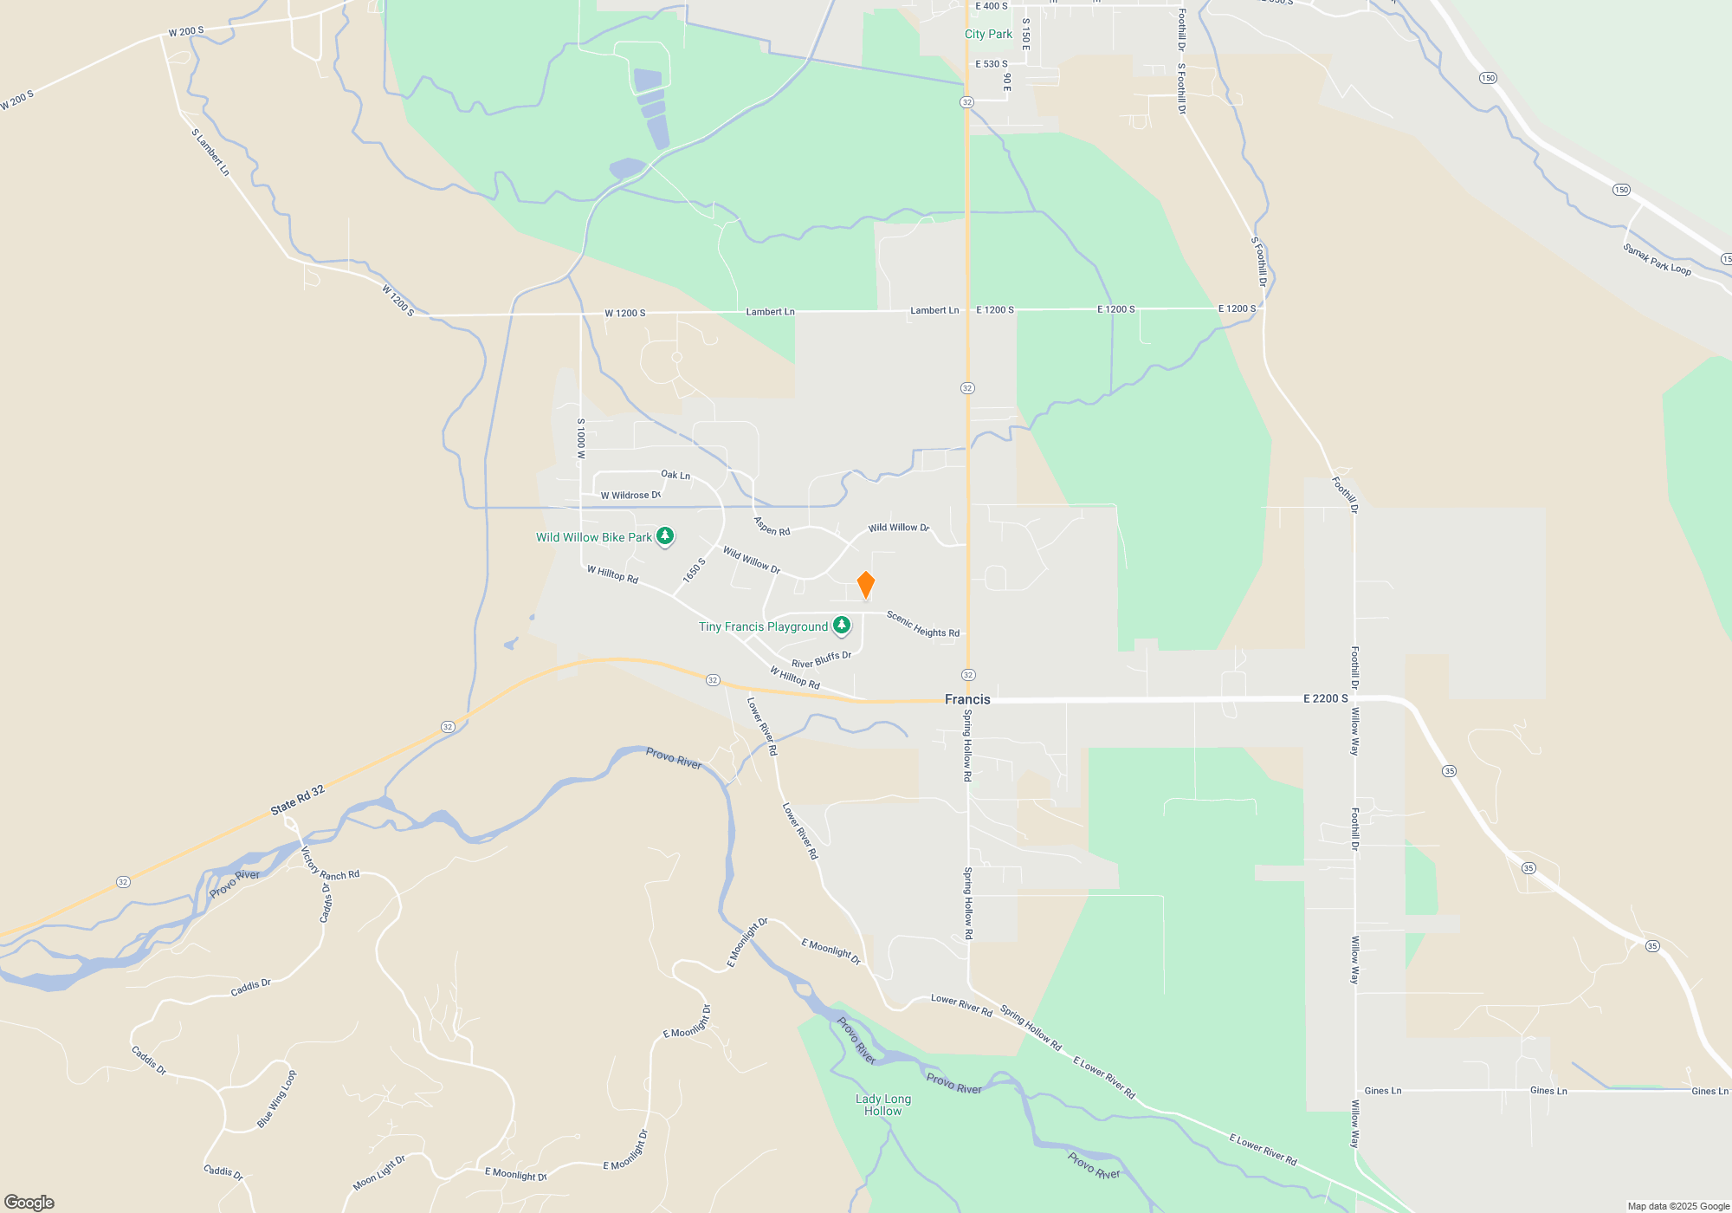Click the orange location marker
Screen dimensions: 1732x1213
[865, 585]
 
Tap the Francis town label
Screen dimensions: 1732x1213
[967, 699]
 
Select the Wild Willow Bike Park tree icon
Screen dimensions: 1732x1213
[665, 536]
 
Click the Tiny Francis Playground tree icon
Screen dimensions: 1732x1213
[841, 625]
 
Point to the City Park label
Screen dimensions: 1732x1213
[988, 34]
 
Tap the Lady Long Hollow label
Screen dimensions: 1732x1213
[883, 1105]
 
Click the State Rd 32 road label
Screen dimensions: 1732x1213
[297, 800]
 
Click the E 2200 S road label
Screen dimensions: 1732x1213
[1325, 698]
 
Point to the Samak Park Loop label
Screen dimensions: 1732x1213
[1657, 259]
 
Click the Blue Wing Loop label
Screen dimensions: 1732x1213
[276, 1099]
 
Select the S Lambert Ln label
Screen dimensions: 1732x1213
[210, 152]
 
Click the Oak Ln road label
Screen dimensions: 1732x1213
[675, 475]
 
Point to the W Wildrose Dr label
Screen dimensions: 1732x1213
[630, 496]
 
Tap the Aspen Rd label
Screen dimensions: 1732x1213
[772, 526]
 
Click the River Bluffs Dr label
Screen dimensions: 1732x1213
[821, 660]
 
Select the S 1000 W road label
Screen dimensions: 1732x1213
[581, 438]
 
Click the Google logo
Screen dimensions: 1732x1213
[29, 1202]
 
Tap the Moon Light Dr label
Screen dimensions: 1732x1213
[379, 1172]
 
